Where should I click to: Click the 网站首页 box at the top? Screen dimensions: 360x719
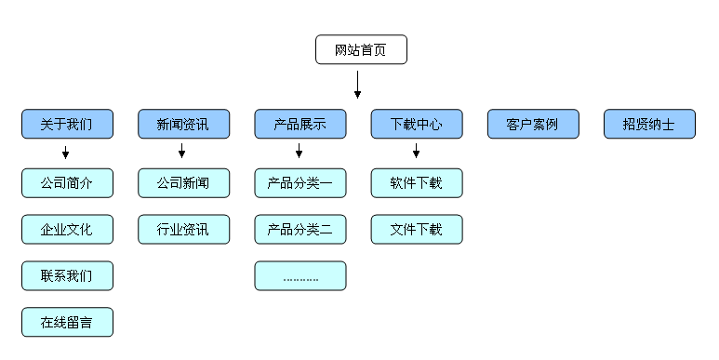tap(361, 49)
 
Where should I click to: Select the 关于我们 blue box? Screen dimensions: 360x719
tap(67, 124)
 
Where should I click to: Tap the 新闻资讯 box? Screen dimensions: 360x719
tap(183, 124)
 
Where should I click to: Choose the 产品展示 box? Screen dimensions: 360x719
tap(300, 124)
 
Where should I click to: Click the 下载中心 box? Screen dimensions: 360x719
tap(417, 124)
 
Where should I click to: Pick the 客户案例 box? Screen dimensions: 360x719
tap(533, 124)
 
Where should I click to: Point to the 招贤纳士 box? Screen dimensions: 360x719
tap(649, 124)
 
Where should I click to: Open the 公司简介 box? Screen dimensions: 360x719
tap(67, 183)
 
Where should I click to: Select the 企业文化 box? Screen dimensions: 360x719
tap(67, 229)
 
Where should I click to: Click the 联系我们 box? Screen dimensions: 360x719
tap(67, 275)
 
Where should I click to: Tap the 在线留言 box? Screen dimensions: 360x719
tap(67, 322)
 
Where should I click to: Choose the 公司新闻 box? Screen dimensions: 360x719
tap(183, 183)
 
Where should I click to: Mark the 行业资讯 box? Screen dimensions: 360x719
tap(183, 229)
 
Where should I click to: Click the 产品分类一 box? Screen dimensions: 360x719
tap(300, 183)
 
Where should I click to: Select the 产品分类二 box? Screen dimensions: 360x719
tap(300, 229)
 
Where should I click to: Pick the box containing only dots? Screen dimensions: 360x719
tap(300, 275)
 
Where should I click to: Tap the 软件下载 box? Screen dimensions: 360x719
tap(417, 183)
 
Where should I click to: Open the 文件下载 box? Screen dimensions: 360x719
tap(417, 229)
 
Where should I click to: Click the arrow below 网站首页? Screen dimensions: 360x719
tap(357, 85)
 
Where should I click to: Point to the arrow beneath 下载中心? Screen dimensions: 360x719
tap(416, 152)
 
